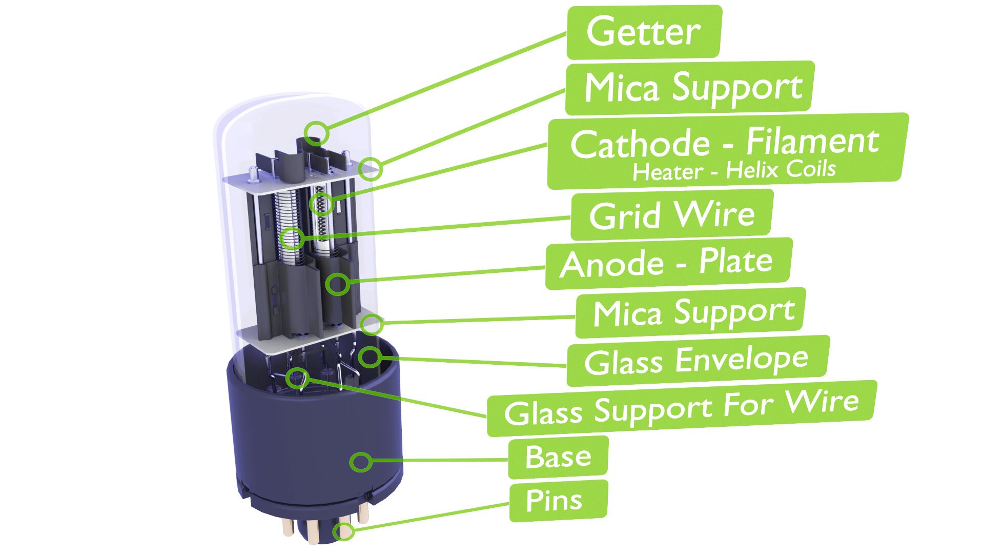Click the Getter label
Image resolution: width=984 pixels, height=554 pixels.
644,32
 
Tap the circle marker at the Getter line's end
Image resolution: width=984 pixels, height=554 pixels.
317,133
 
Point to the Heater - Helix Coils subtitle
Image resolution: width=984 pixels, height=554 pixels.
734,170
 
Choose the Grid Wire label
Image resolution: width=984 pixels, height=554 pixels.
672,215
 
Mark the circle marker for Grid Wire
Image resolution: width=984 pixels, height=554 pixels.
293,238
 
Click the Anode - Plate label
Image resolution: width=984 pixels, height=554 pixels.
668,263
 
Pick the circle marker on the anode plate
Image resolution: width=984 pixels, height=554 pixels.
338,283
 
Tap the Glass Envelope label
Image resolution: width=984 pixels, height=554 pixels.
698,361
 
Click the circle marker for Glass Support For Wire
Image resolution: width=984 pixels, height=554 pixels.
297,379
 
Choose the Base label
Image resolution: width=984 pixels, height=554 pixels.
558,457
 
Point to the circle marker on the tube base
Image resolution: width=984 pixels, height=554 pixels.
361,462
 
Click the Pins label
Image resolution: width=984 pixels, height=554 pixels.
558,501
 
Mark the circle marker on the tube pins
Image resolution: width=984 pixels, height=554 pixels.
344,532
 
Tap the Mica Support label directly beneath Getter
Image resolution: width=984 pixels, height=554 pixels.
690,88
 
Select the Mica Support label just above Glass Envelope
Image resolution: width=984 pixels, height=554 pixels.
690,312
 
